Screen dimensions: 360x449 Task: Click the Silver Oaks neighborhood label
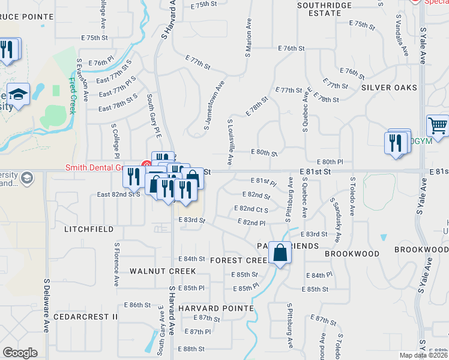389,88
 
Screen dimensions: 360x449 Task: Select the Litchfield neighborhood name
89,229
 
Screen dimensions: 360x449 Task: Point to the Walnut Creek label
155,271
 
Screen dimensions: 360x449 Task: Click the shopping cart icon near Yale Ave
438,126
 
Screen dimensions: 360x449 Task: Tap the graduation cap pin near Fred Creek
19,94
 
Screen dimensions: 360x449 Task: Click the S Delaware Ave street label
46,305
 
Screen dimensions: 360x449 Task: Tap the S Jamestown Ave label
214,105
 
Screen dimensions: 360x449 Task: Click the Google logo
20,352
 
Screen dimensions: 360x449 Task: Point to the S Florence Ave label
116,263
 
